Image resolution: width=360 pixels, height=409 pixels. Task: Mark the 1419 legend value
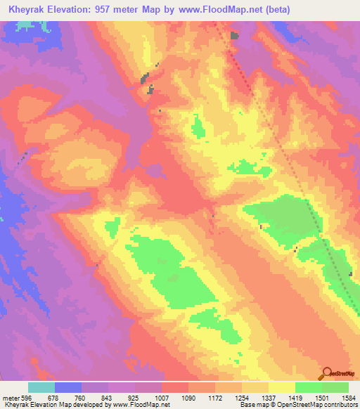(298, 397)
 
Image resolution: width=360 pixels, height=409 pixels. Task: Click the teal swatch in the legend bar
(41, 387)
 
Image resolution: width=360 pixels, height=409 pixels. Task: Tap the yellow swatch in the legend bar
(281, 387)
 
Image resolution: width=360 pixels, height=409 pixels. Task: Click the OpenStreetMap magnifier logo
(326, 372)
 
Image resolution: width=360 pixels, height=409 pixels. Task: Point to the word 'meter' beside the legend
(11, 397)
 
